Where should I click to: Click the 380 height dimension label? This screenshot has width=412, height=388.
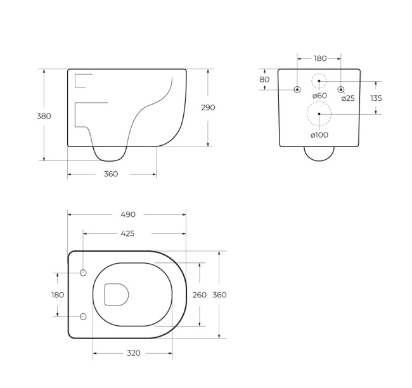point(44,116)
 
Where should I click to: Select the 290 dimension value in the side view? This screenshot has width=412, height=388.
point(208,108)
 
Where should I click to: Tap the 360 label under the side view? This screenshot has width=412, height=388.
point(111,174)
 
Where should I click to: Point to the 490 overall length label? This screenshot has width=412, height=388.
point(128,214)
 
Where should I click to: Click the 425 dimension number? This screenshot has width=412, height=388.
point(127,233)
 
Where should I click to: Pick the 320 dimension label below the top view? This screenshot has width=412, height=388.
point(134,353)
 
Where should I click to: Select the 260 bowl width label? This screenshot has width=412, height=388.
point(200,295)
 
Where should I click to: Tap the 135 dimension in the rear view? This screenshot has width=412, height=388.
point(376,98)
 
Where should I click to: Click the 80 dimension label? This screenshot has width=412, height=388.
point(264,79)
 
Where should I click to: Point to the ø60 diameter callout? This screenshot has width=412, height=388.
point(319,96)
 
